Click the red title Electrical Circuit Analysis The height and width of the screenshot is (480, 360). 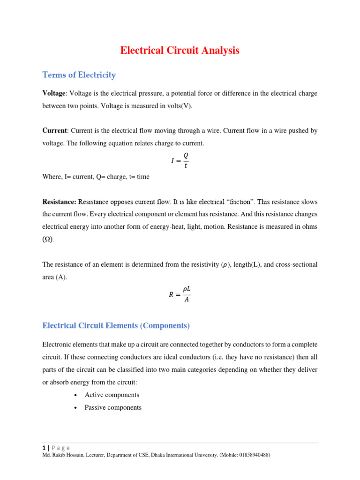[180, 51]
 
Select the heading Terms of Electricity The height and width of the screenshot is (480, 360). [79, 75]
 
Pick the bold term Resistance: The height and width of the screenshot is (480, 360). [59, 202]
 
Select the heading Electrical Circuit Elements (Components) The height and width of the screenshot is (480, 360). [116, 325]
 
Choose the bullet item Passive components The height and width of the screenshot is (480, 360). [112, 407]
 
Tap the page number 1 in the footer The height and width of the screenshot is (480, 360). [44, 448]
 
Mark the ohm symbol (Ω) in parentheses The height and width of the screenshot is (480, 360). [47, 239]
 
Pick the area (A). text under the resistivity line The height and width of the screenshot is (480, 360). [54, 277]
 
